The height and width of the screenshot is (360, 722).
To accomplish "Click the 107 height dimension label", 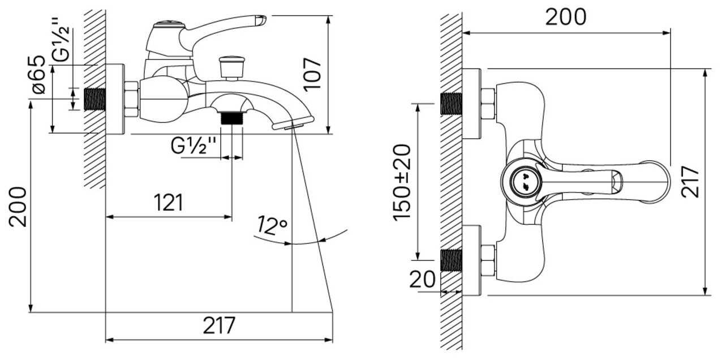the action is (312, 75).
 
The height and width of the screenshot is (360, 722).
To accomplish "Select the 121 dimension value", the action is (168, 203).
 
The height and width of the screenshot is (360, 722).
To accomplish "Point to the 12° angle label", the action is (272, 225).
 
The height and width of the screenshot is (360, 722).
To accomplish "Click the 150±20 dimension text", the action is (402, 183).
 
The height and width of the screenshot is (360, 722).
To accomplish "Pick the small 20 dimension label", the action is (422, 279).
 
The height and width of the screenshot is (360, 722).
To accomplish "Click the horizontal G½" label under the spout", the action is (194, 145).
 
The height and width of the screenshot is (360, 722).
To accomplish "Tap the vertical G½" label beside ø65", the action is (61, 40).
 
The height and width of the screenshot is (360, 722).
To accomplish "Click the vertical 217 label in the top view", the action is (690, 182).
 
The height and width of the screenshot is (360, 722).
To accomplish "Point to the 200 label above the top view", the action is (566, 17).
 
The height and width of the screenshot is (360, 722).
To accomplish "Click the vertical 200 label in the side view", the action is (18, 207).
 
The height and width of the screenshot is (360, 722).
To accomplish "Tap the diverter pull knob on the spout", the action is (231, 68).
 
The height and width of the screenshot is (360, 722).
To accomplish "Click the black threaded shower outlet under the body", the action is (231, 118).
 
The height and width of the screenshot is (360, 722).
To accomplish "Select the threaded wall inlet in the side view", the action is (94, 99).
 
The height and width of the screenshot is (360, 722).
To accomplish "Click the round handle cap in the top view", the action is (526, 182).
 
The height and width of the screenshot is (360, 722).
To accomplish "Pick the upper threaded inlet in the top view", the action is (452, 104).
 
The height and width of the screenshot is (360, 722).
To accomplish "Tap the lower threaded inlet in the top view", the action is (452, 260).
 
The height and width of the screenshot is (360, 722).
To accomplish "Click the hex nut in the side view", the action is (131, 100).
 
